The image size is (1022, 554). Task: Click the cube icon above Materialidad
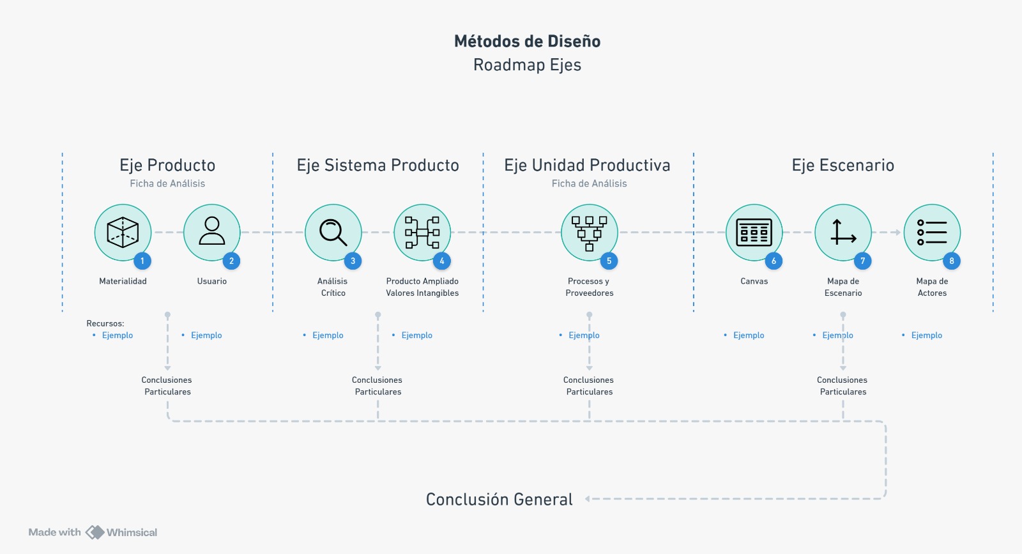[x=123, y=232]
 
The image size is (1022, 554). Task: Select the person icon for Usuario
[x=212, y=231]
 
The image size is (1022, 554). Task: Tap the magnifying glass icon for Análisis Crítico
[x=333, y=232]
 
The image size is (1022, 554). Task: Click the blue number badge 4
[x=442, y=261]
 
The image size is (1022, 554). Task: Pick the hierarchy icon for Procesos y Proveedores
[x=589, y=233]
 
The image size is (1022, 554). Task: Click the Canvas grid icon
[x=754, y=233]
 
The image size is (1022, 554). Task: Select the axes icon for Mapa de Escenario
[x=843, y=233]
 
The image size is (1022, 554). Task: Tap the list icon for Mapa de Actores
[x=932, y=233]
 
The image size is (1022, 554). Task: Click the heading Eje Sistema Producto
[x=378, y=165]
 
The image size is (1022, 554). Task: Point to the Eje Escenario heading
[x=843, y=165]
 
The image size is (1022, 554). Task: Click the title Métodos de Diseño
[x=527, y=42]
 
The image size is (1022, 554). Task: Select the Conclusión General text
[x=499, y=500]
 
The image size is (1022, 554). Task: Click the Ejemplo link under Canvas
[x=749, y=335]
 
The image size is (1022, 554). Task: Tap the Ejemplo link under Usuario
[x=206, y=335]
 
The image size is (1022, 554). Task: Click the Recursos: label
[x=105, y=323]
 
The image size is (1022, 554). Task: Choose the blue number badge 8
[x=952, y=261]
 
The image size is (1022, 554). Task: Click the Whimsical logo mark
[x=95, y=532]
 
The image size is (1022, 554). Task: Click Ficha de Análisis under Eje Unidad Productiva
[x=589, y=183]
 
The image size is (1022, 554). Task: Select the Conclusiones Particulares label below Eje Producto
[x=167, y=386]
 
